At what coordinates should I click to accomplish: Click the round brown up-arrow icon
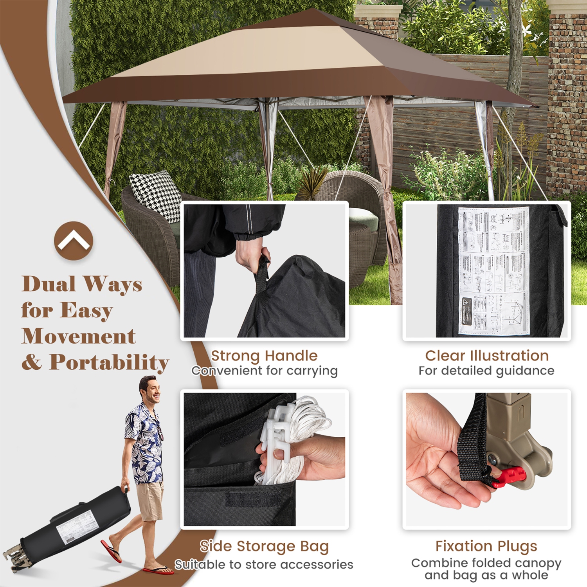tap(74, 241)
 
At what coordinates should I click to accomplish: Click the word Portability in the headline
tap(109, 362)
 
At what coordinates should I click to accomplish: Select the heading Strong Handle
tap(264, 356)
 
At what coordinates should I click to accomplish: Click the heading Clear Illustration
tap(487, 356)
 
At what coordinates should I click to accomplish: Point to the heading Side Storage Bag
tap(264, 546)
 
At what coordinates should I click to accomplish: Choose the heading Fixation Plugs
tap(486, 546)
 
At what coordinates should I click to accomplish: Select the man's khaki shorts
tap(150, 501)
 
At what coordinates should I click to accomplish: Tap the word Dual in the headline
tap(49, 284)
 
